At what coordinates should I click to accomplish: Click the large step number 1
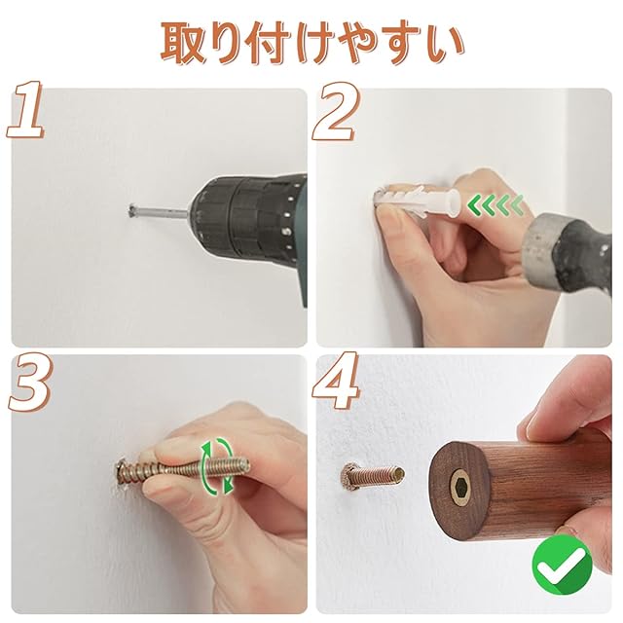25,110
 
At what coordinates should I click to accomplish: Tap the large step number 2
333,112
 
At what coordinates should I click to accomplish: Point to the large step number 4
336,382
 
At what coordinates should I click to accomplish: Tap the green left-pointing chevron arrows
495,205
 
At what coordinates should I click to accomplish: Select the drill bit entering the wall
158,211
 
